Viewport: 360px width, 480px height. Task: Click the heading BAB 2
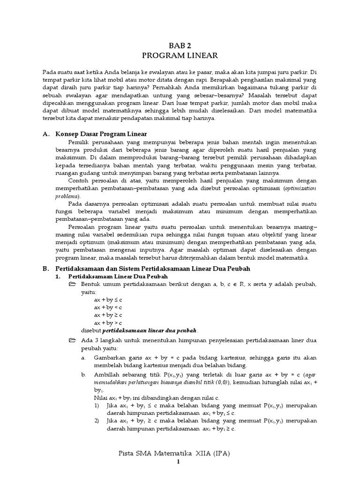[180, 45]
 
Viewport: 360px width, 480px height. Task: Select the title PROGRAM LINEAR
[180, 55]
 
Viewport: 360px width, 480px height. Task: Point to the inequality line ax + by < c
[108, 307]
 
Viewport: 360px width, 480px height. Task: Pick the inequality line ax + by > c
[108, 323]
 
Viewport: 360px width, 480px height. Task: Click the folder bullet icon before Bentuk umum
[72, 285]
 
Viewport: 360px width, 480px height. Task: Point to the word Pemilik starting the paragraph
[79, 142]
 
